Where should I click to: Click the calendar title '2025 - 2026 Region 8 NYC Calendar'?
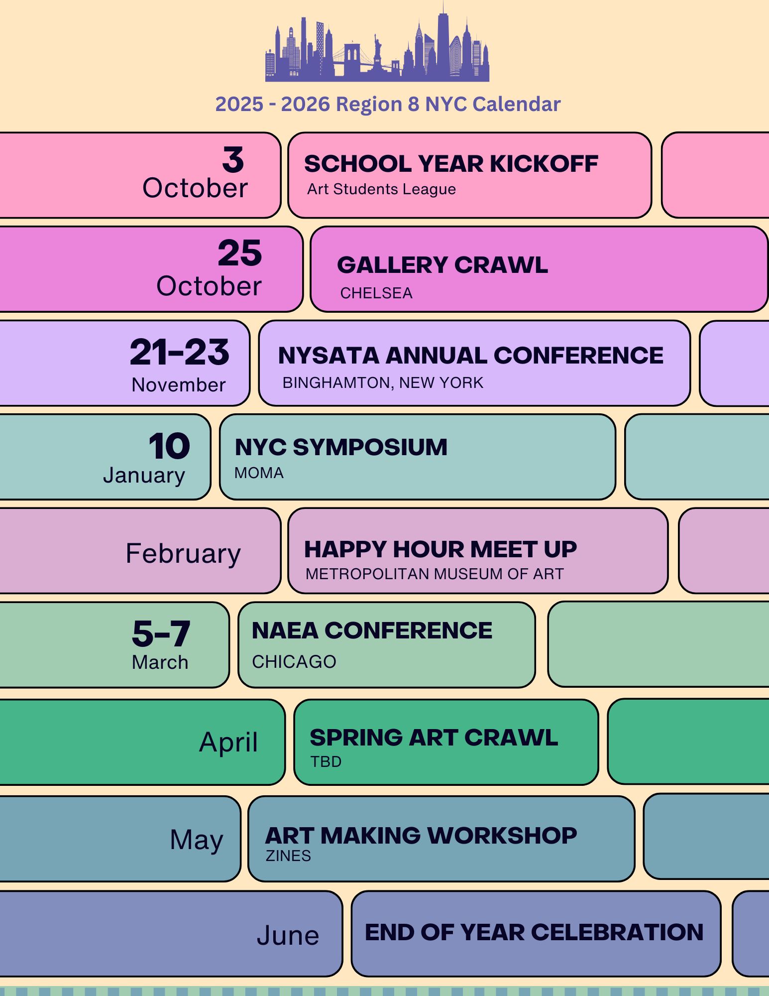tap(388, 104)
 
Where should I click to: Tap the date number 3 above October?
tap(233, 160)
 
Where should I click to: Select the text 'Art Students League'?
tap(381, 189)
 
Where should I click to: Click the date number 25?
tap(240, 252)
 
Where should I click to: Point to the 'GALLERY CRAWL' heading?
tap(442, 265)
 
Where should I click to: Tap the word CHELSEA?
tap(376, 293)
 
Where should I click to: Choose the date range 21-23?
tap(180, 352)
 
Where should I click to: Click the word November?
tap(179, 385)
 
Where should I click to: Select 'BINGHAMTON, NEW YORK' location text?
tap(383, 382)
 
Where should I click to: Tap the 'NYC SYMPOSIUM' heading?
tap(341, 447)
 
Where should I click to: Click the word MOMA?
tap(259, 473)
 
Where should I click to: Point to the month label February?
tap(183, 554)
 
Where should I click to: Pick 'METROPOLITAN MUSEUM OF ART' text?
tap(435, 574)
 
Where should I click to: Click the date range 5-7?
tap(161, 633)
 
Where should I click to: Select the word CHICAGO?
tap(294, 662)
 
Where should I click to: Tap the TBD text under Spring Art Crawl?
tap(326, 761)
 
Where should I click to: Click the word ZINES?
tap(288, 856)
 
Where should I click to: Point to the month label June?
tap(288, 935)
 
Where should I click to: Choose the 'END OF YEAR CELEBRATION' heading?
tap(534, 932)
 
